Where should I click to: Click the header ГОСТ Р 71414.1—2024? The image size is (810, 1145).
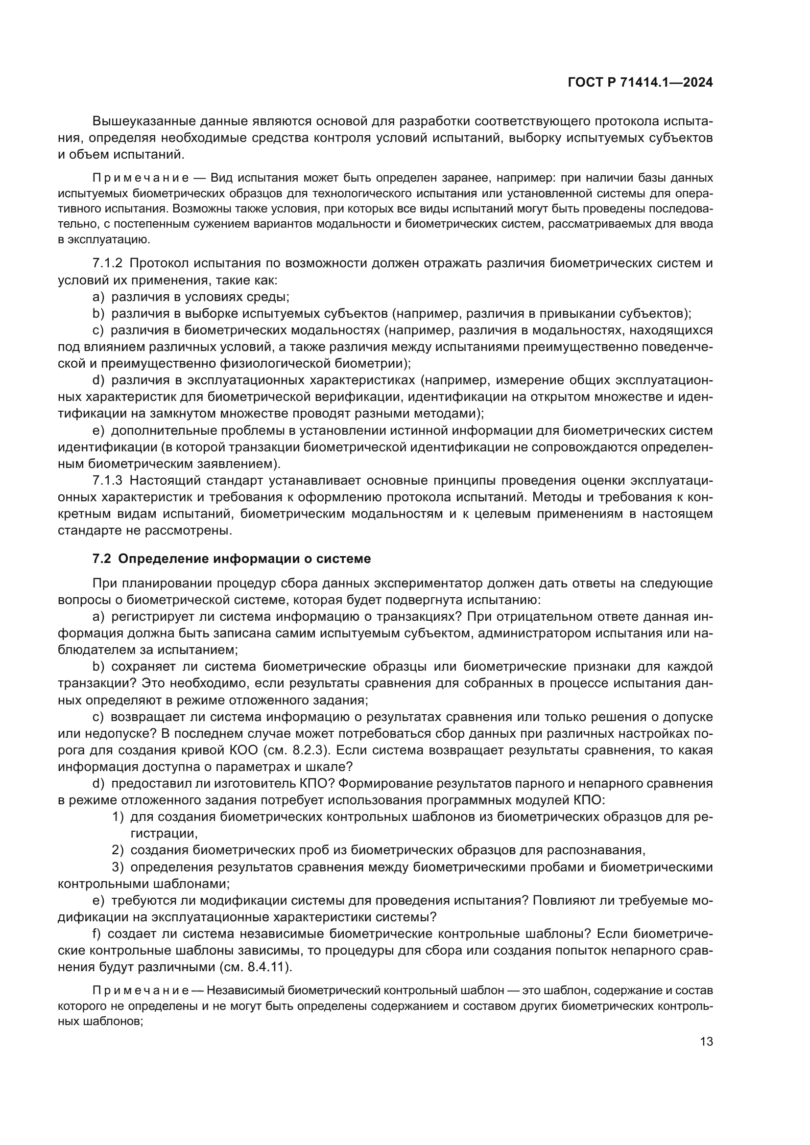tap(640, 83)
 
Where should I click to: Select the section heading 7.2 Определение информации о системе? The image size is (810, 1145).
tap(232, 559)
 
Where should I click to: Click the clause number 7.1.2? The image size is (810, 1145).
tap(107, 263)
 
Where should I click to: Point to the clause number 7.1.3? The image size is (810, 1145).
tap(107, 481)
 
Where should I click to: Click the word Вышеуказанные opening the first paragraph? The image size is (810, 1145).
tap(143, 121)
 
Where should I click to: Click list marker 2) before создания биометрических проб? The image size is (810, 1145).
tap(118, 850)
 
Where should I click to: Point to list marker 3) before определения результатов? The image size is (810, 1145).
tap(118, 867)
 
